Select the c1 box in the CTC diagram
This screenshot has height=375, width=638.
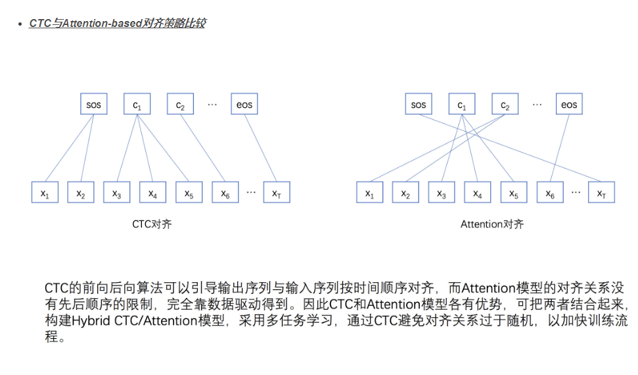(x=137, y=104)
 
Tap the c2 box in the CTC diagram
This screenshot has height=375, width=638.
(x=180, y=104)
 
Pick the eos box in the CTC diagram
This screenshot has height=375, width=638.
(x=244, y=104)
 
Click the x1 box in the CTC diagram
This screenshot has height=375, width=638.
(x=45, y=192)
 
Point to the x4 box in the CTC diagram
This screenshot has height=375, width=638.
(x=152, y=192)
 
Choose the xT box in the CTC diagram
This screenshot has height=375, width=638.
(x=276, y=192)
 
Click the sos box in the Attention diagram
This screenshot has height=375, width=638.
(x=419, y=105)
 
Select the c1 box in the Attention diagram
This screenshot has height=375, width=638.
(x=462, y=105)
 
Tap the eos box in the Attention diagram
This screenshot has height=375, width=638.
(x=569, y=105)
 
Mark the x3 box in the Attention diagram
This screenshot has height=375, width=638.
(x=442, y=193)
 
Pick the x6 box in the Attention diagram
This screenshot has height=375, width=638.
(x=550, y=193)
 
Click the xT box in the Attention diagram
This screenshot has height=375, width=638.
(x=601, y=193)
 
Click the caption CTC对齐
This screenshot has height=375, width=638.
(x=152, y=224)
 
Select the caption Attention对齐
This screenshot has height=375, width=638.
(x=491, y=224)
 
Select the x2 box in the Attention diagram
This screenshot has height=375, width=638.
(x=405, y=193)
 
